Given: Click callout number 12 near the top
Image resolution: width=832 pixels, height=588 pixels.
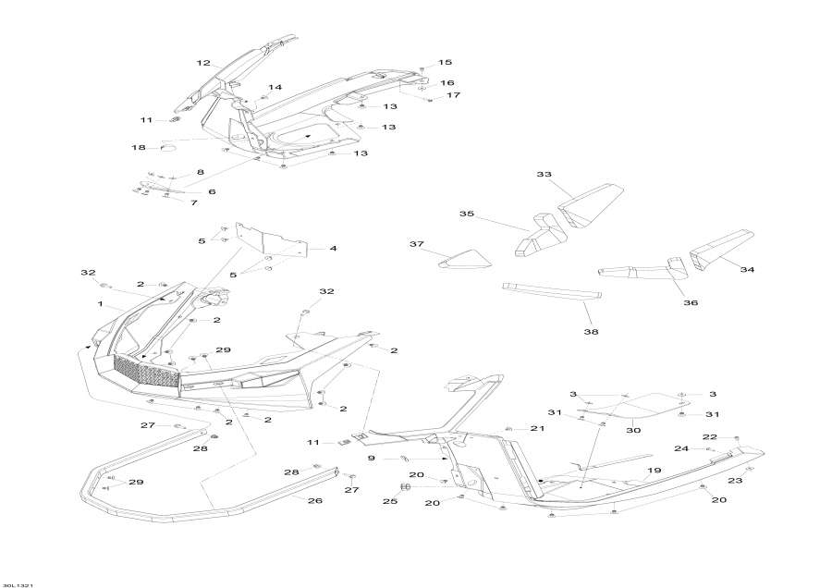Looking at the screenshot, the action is point(203,63).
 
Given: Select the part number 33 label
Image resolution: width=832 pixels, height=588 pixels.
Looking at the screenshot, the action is point(544,174).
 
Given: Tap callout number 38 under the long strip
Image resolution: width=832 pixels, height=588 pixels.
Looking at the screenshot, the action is point(591,332).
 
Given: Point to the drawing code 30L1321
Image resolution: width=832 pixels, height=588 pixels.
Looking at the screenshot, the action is point(18,585).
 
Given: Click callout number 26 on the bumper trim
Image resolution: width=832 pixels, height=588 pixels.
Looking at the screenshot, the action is point(315,500).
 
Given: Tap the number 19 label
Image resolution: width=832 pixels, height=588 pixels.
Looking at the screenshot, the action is point(655,471).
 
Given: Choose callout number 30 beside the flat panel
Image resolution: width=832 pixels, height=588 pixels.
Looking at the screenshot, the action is point(633,430).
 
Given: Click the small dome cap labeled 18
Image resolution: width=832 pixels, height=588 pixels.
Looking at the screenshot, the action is point(170,147).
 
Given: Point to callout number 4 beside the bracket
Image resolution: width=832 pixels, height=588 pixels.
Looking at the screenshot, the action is point(333,248).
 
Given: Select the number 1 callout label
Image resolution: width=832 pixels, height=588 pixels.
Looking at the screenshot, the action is point(100,303).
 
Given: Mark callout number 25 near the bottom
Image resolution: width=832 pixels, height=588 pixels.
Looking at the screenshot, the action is point(390,501).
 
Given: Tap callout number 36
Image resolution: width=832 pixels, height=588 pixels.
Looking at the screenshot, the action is point(691,303).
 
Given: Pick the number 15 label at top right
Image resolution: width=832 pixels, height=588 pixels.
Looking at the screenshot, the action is point(445,62).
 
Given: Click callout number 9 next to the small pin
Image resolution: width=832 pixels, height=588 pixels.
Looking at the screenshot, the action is point(372,458).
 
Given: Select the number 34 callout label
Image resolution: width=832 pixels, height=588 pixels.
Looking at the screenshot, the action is point(747,270).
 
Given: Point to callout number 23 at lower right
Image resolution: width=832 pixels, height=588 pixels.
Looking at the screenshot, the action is point(735,481).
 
